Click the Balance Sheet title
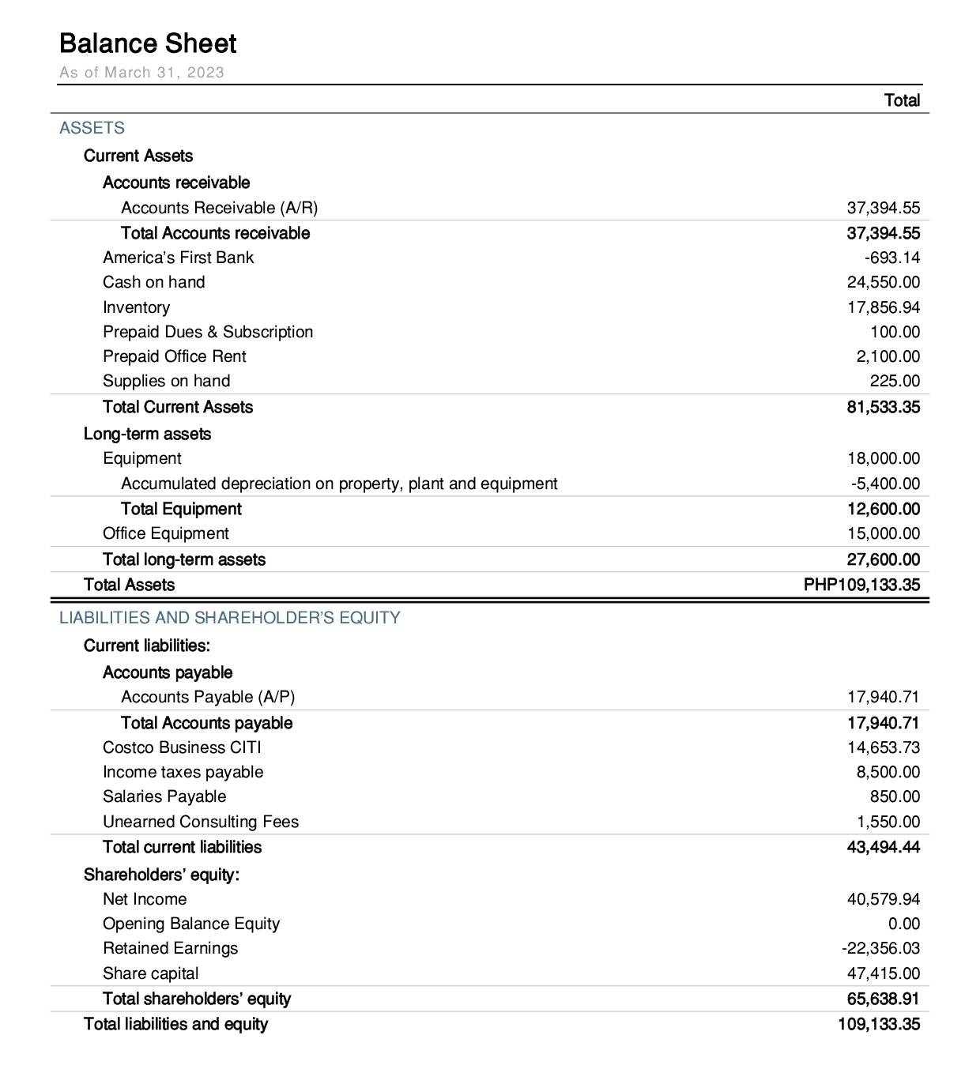point(148,43)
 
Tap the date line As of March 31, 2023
point(141,73)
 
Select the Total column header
point(902,100)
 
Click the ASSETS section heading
point(92,128)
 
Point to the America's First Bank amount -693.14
point(892,258)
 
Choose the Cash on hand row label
point(153,282)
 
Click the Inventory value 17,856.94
point(884,307)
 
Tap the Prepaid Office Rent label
point(174,356)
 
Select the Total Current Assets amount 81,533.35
point(884,407)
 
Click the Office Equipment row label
point(165,533)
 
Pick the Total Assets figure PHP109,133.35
point(861,585)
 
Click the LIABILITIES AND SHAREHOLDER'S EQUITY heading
point(229,618)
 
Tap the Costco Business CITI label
point(182,747)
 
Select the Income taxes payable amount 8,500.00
point(888,772)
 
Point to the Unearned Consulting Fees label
point(201,822)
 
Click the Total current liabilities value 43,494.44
point(884,847)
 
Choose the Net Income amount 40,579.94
point(884,899)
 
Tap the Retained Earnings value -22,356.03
point(880,948)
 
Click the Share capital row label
point(150,973)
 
